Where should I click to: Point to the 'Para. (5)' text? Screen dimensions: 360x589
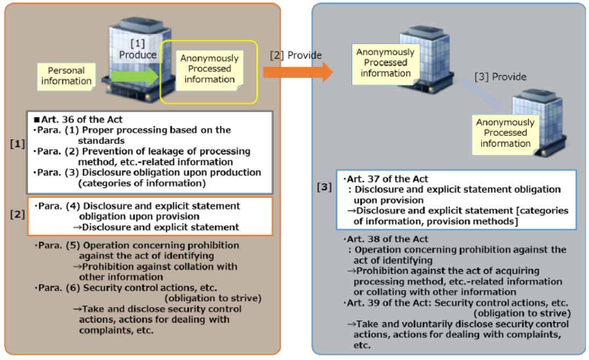[53, 246]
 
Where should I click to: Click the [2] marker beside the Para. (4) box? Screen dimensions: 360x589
[18, 217]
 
